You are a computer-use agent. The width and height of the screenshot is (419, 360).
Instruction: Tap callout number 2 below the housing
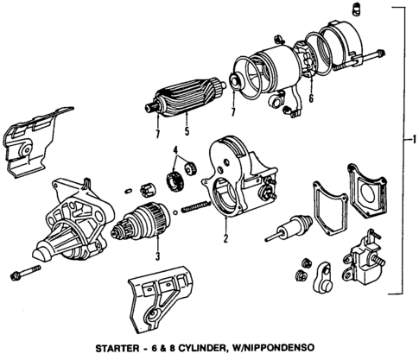(225, 241)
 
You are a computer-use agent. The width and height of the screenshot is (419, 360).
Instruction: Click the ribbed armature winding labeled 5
(181, 99)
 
